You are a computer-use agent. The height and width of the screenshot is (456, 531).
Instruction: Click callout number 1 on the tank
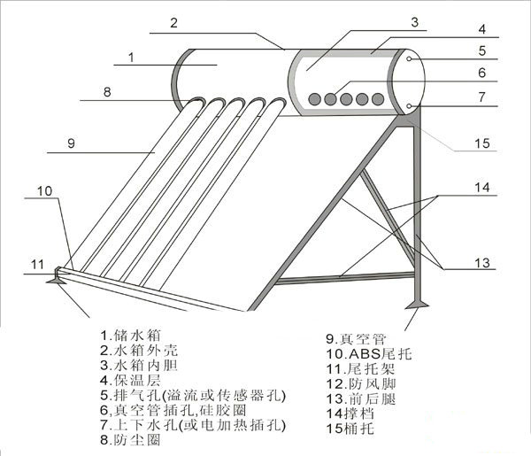[x=131, y=58]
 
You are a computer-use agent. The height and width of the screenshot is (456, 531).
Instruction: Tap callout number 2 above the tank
[x=173, y=23]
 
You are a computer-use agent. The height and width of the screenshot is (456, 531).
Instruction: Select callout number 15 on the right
[x=482, y=143]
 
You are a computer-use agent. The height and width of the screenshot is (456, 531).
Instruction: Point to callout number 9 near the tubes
[x=71, y=143]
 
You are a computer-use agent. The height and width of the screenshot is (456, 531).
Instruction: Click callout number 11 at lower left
[x=37, y=264]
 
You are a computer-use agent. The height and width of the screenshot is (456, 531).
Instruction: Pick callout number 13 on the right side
[x=482, y=263]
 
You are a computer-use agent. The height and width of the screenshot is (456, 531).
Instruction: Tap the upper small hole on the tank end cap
[x=409, y=59]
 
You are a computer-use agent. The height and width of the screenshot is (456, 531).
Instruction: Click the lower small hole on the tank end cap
[x=409, y=106]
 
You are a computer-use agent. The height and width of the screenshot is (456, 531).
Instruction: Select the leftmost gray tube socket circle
[x=314, y=99]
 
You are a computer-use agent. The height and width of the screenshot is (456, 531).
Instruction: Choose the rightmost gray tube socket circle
[x=378, y=99]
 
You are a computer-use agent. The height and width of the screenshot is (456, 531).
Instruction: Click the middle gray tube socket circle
[x=346, y=99]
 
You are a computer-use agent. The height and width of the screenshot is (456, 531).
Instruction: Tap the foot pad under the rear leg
[x=418, y=305]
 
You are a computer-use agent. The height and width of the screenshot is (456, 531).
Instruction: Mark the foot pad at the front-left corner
[x=57, y=280]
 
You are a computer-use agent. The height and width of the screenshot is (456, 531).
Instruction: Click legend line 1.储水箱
[x=130, y=336]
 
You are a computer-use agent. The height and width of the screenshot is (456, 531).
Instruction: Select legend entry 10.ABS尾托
[x=369, y=353]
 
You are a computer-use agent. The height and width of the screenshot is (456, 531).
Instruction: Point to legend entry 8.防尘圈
[x=130, y=440]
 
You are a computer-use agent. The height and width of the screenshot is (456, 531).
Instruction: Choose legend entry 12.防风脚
[x=361, y=384]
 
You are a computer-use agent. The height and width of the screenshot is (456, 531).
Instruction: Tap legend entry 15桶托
[x=350, y=429]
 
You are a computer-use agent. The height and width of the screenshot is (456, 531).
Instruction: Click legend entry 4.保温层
[x=130, y=380]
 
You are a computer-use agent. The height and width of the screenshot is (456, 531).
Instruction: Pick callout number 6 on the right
[x=482, y=73]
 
